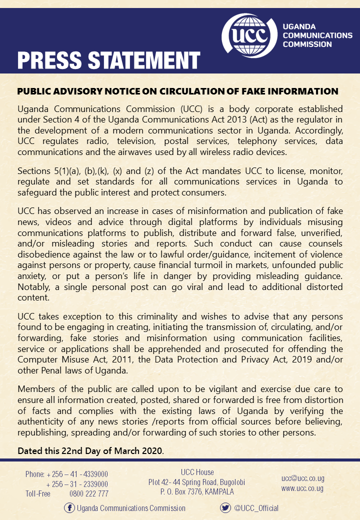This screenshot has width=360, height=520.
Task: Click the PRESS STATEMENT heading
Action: [x=109, y=60]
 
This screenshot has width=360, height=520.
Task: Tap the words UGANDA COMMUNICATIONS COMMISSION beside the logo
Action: [x=317, y=35]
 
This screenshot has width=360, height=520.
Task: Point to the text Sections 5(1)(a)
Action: [x=51, y=171]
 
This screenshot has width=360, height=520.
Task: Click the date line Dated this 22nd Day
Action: [x=90, y=450]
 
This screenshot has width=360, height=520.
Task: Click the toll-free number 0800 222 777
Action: [x=89, y=494]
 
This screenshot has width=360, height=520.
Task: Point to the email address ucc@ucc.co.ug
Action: [x=302, y=478]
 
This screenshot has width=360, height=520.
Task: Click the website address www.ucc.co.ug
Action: [x=302, y=488]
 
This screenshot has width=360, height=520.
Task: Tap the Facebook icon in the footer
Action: [x=69, y=508]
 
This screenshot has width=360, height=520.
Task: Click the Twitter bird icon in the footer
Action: [x=225, y=508]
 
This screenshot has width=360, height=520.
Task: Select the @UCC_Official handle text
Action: [x=256, y=508]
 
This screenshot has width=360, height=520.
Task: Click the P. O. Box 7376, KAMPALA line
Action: [x=197, y=492]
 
